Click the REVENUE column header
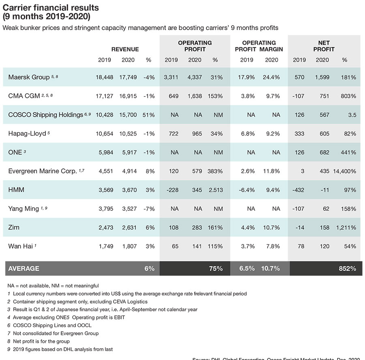(125, 49)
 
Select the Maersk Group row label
(28, 77)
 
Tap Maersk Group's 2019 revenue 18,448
(105, 77)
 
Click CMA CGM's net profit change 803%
(348, 96)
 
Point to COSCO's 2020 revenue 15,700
(129, 115)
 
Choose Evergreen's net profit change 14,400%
(344, 171)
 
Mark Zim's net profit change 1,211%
(346, 228)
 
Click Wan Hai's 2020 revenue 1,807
(129, 246)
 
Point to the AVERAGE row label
(24, 268)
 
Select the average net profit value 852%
(348, 268)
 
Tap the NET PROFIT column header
(324, 46)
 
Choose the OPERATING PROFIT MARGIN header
(259, 46)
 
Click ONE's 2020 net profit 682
(322, 153)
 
